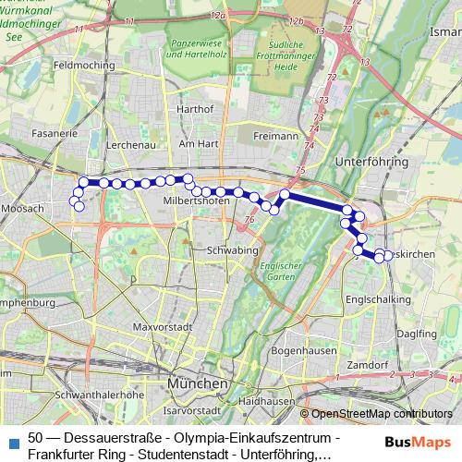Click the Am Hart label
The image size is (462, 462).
197,144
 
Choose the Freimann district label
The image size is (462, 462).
275,136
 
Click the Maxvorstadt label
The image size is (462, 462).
161,327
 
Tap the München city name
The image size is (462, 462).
197,383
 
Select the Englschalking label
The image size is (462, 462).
371,300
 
